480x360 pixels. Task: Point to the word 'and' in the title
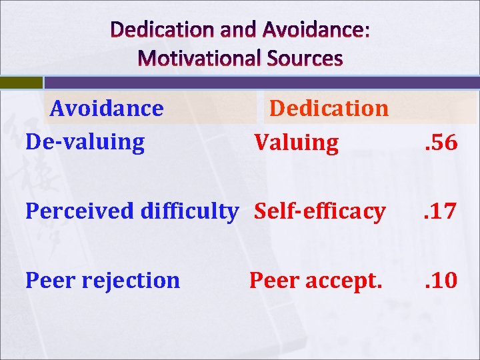242,29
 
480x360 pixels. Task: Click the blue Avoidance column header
107,108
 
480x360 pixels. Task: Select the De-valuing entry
85,142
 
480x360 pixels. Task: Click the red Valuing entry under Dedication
296,142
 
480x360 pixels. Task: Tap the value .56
441,143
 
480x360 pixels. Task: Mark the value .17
441,212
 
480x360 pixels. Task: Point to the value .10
441,281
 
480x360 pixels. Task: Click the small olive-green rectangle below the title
21,83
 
